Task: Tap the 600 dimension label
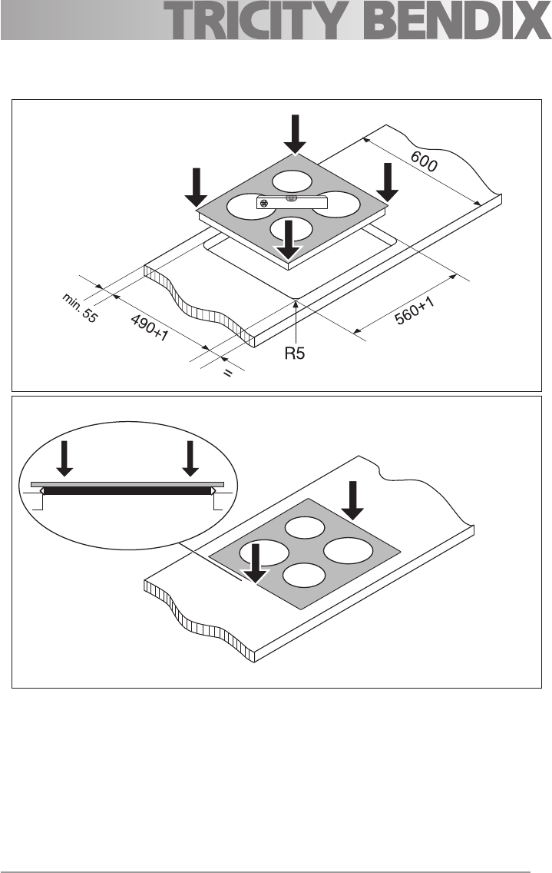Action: pos(424,161)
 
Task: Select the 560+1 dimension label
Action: pos(415,310)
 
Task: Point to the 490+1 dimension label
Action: pos(149,328)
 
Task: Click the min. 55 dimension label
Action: pos(80,308)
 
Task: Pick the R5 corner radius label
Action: pos(295,353)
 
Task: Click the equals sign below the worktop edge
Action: pos(227,373)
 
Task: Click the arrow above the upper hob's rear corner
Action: pos(295,134)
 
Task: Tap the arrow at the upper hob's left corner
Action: pos(196,188)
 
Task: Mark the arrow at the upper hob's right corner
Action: pos(387,182)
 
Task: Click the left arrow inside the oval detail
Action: pos(64,458)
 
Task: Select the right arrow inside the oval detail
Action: pos(190,458)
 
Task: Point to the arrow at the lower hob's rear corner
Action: pos(352,500)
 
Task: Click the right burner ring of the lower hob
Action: pos(348,551)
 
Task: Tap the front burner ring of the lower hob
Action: pos(304,575)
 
